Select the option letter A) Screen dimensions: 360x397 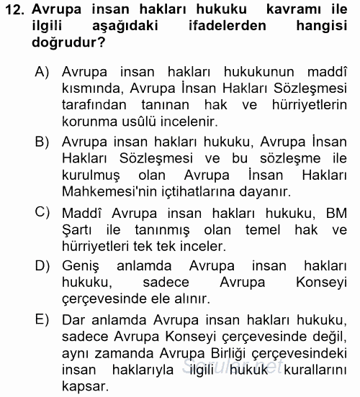coord(41,72)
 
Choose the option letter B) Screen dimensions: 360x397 coord(41,141)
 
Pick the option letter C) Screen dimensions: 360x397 coord(41,211)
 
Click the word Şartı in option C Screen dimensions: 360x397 coord(79,229)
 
